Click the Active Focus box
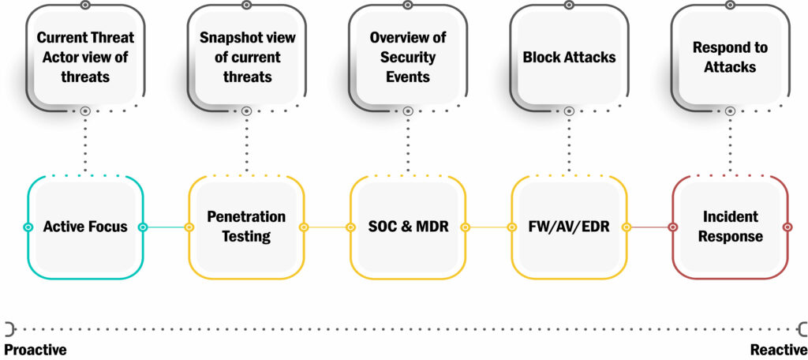85,227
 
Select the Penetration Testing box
246,227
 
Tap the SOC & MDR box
408,227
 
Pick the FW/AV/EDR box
569,227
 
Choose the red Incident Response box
730,227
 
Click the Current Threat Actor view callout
85,58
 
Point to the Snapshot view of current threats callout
246,58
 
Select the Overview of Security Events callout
408,58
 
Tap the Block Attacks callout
569,58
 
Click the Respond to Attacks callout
730,58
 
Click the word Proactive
36,350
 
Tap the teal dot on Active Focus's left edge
28,227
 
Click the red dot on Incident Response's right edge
787,227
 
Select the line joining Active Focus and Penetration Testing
166,227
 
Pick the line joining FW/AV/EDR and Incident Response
649,227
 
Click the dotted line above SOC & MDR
408,145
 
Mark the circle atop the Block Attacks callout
569,5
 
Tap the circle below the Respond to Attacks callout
730,111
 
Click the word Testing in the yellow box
246,236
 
